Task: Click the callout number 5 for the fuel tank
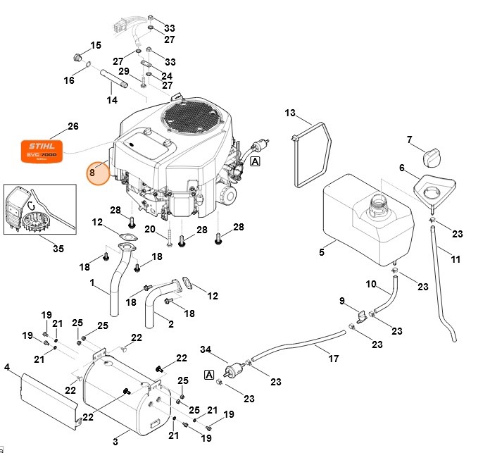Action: [321, 252]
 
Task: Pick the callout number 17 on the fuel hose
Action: [333, 358]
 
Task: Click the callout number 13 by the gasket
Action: [291, 113]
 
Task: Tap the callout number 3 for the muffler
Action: [115, 442]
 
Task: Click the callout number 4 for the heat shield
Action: [7, 367]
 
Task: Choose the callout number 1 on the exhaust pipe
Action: [92, 283]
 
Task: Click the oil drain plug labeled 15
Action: [79, 56]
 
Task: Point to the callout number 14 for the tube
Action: [112, 100]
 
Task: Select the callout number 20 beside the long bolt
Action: [150, 229]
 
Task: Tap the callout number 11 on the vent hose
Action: [456, 259]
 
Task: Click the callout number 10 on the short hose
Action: [371, 284]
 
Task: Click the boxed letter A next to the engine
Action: [255, 161]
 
